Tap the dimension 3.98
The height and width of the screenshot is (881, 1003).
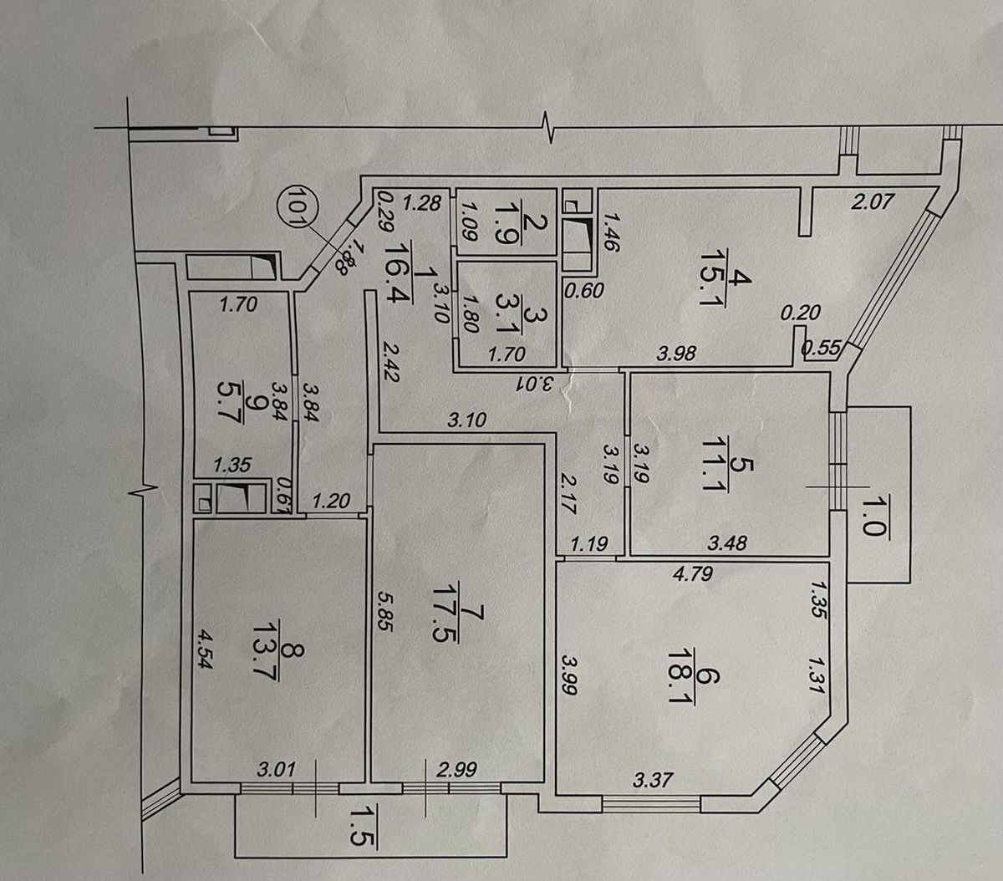[x=676, y=354]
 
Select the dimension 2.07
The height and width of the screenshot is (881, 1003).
[x=873, y=201]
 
